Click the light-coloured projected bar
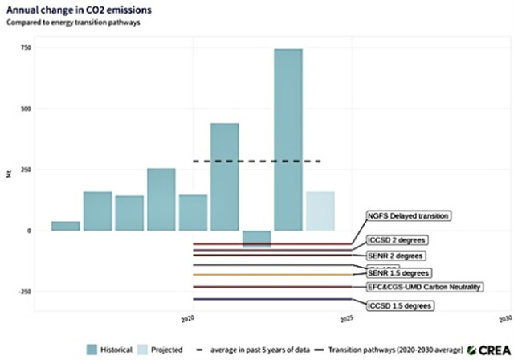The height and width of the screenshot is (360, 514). click(x=320, y=211)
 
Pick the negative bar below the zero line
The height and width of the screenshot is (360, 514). click(x=256, y=239)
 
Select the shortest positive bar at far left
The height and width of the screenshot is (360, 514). click(x=66, y=226)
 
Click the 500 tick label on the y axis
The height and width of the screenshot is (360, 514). click(x=26, y=108)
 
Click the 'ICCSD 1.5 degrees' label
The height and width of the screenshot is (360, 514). click(x=398, y=305)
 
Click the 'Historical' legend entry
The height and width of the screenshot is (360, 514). click(x=108, y=349)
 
